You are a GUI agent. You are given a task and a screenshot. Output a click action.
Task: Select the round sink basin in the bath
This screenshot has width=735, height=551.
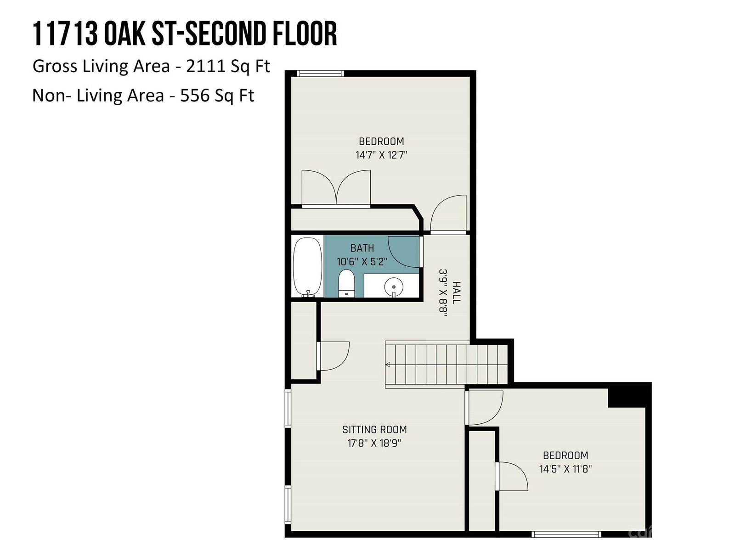393,287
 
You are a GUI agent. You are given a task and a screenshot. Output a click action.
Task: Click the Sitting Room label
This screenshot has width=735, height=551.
374,429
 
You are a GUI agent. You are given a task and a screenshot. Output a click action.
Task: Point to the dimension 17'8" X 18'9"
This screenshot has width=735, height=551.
374,443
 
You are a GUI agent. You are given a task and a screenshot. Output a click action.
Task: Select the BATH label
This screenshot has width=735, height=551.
362,248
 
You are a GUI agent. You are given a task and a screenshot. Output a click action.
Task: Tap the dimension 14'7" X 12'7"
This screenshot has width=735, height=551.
381,155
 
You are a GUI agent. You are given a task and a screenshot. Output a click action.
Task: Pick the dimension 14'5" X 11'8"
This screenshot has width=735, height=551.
565,469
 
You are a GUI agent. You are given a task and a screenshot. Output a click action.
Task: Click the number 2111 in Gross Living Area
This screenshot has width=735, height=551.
205,66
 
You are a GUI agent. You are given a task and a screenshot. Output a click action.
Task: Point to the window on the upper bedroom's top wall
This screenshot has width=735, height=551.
321,73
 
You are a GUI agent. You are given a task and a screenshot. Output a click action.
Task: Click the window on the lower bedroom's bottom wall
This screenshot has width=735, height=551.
566,534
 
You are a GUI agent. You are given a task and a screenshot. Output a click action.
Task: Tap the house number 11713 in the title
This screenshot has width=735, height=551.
65,34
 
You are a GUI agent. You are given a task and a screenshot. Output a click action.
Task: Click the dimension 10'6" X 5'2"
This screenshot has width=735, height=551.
362,262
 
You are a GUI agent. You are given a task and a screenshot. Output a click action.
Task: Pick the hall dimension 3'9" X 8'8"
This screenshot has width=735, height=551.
443,293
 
